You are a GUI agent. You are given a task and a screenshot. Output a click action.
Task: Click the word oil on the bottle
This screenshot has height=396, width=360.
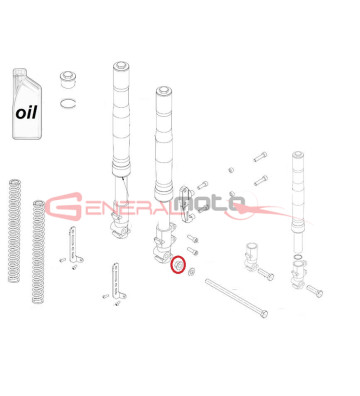tap(26, 113)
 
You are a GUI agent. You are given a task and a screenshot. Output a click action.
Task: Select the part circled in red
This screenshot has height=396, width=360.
tap(178, 264)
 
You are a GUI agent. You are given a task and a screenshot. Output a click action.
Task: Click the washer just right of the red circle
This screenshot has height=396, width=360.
tap(191, 271)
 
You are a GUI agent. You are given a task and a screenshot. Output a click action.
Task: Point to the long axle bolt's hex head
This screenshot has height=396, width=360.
tap(264, 314)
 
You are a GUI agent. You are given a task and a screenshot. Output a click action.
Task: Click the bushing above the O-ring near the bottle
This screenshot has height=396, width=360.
tap(68, 79)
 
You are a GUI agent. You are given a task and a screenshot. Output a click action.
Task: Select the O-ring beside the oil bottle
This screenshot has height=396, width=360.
tap(69, 103)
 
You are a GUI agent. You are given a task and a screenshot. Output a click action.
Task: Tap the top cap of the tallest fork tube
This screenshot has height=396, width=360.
tap(121, 65)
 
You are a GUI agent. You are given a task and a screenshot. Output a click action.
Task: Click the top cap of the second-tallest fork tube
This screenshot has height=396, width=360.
tap(164, 90)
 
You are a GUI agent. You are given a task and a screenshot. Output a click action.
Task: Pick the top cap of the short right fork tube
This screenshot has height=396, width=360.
tap(297, 154)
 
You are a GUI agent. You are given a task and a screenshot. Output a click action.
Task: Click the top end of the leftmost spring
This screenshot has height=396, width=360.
tap(15, 182)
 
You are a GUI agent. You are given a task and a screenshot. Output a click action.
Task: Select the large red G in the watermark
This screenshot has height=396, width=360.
tap(64, 206)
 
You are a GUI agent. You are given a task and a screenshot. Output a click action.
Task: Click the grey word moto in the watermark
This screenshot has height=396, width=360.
tap(209, 204)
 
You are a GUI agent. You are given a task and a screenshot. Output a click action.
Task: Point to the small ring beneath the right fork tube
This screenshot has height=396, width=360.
tap(298, 257)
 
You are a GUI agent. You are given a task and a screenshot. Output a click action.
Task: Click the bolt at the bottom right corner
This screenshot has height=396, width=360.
tap(315, 291)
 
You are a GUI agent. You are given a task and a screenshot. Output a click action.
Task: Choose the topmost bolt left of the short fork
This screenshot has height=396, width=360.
tap(260, 156)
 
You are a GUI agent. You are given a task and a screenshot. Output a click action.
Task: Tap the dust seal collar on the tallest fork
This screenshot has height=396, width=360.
tap(121, 169)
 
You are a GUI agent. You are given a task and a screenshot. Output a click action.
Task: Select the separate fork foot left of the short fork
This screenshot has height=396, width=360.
tap(252, 255)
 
